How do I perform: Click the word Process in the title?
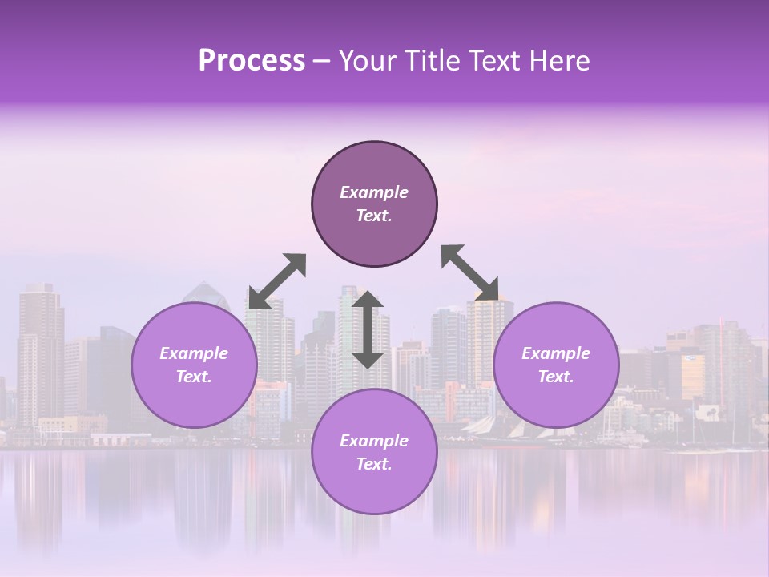coord(252,61)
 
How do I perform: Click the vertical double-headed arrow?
coord(368,329)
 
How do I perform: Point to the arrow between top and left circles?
coord(277,281)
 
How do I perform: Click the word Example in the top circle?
coord(374,192)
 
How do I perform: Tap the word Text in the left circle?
coord(194,377)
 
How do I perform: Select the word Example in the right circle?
coord(556,353)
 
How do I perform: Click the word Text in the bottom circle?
coord(374,464)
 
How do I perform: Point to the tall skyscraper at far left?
coord(40,353)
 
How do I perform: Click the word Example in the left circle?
coord(194,353)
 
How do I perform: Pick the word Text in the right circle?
coord(556,377)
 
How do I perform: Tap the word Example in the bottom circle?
coord(374,441)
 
